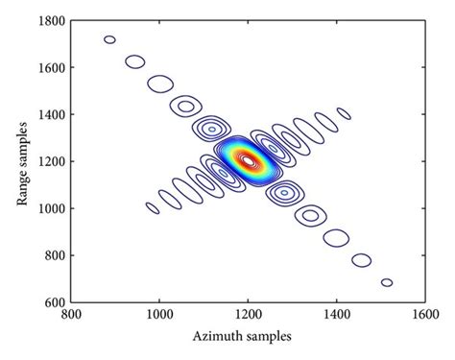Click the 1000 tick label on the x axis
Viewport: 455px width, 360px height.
[158, 313]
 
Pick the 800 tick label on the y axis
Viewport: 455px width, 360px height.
[52, 254]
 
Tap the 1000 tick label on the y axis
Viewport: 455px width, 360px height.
[49, 207]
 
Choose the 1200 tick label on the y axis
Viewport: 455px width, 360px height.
[49, 161]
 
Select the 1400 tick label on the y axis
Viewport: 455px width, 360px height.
[49, 114]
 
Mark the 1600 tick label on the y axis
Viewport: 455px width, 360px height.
[49, 68]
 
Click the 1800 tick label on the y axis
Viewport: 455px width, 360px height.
[49, 21]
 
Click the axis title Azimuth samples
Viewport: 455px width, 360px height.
[249, 336]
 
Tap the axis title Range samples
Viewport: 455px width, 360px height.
[19, 161]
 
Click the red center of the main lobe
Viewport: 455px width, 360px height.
[248, 160]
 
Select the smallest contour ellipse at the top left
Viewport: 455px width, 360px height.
[109, 39]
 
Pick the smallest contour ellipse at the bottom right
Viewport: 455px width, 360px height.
[387, 282]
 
